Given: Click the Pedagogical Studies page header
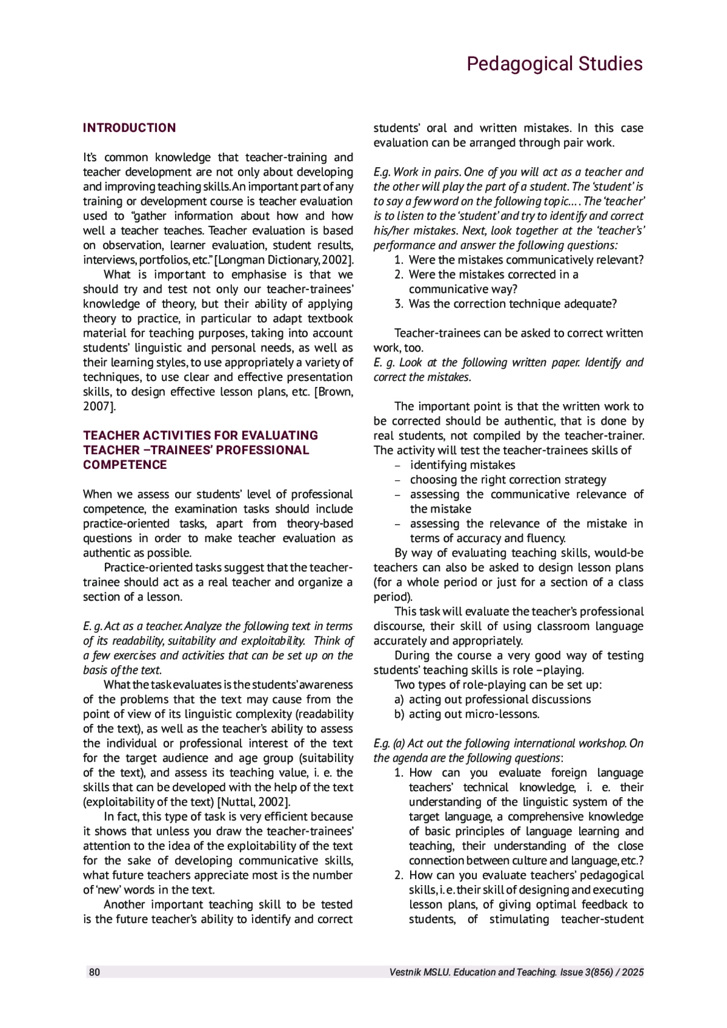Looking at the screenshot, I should (554, 64).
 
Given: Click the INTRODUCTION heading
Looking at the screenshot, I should (129, 128).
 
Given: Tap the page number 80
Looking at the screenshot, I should (95, 972).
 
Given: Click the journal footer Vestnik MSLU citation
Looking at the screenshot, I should (517, 972).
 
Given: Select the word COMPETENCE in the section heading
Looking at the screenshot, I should (125, 465).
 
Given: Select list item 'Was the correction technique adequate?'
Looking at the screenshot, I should (513, 303).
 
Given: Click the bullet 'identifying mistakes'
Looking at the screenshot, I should (462, 465).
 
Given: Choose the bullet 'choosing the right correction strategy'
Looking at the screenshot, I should (508, 480).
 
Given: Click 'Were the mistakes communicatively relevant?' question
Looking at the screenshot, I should (526, 260).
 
